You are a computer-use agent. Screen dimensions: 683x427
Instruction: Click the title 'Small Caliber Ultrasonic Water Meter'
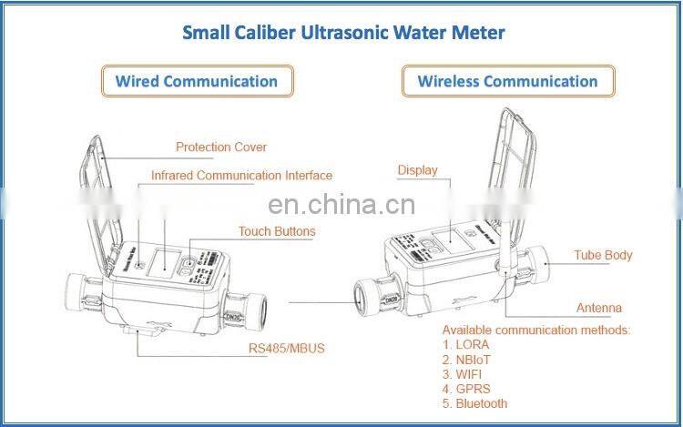pos(343,32)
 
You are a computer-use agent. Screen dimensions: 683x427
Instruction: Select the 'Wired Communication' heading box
pos(197,81)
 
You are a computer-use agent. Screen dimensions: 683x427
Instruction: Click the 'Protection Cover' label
pos(221,147)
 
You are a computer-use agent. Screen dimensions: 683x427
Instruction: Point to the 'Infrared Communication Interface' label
pos(241,175)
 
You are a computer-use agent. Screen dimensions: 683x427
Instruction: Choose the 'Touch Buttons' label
pos(277,231)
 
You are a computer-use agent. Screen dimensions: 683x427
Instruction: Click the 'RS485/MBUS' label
pos(287,348)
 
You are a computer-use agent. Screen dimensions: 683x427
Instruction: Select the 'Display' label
pos(417,170)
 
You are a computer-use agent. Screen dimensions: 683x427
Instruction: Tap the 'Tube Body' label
pos(603,255)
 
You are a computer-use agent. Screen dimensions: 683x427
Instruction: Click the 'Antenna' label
pos(599,308)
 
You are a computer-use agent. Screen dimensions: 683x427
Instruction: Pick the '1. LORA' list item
pos(465,345)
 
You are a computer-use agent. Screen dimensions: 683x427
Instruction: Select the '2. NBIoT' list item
pos(468,360)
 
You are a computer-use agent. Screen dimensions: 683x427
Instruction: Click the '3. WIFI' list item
pos(464,374)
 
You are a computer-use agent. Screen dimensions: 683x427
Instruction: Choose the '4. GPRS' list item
pos(466,389)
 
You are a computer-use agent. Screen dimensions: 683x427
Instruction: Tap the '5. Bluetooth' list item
pos(474,403)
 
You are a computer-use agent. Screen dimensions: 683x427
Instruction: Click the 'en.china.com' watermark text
pos(343,204)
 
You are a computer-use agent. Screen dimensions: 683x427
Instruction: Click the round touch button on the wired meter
pos(189,265)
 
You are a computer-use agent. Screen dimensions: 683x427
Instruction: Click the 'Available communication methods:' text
pos(535,330)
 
